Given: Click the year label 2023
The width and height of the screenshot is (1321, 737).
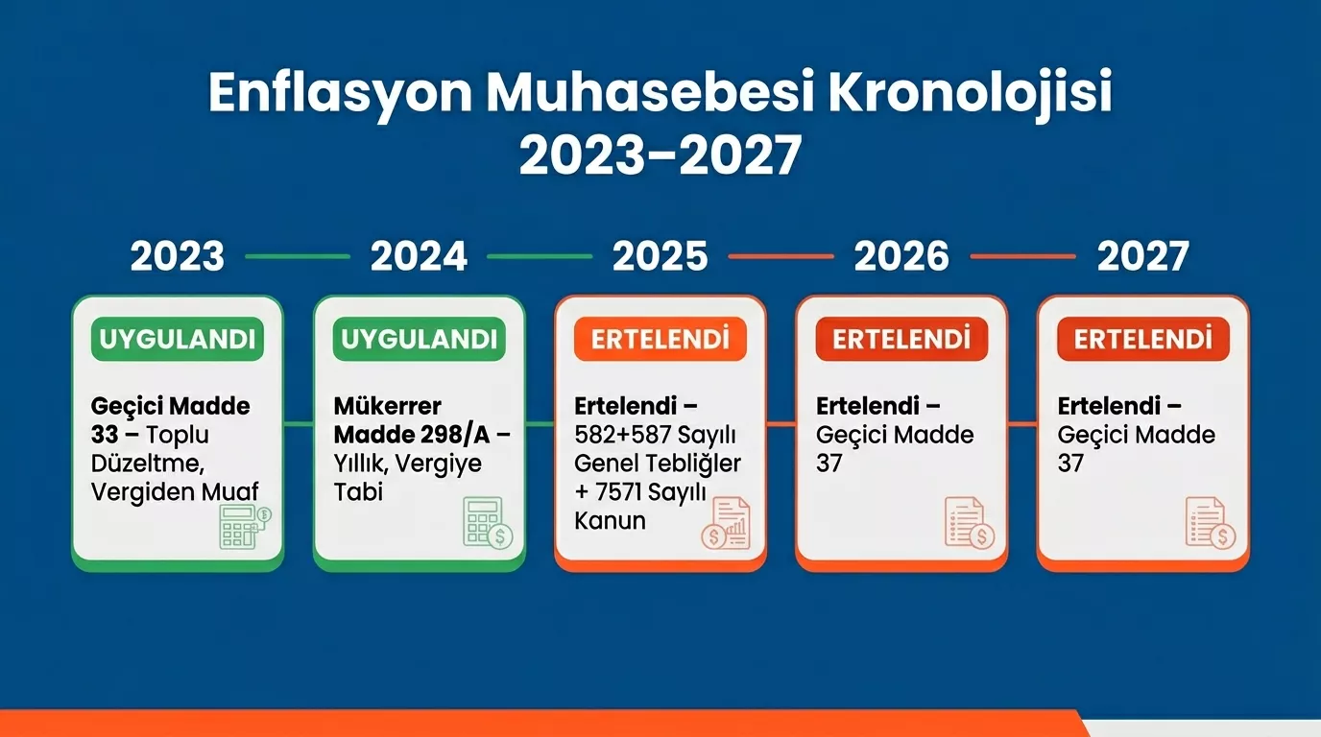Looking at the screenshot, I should [x=178, y=256].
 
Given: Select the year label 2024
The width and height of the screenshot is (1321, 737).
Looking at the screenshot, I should [x=419, y=256].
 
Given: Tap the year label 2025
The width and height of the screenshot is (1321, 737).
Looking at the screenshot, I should [x=660, y=256].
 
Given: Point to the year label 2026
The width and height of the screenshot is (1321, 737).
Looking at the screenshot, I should [x=901, y=256].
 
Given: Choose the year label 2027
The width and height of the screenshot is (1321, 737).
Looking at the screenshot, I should [x=1142, y=256].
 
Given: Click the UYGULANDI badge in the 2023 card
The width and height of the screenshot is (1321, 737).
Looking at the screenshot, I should [x=178, y=339].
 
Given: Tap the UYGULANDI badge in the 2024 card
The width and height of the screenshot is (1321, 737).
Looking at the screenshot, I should [x=419, y=339].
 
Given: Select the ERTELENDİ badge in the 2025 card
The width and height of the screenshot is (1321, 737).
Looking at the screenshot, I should [x=660, y=339].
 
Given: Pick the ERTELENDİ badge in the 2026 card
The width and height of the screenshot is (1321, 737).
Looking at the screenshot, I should [x=901, y=339].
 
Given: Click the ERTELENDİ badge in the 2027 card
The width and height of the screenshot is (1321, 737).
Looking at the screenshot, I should [x=1142, y=339].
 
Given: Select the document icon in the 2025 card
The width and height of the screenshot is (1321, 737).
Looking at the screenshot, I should [x=727, y=524].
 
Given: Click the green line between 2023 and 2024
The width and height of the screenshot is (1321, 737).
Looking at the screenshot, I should [x=298, y=256].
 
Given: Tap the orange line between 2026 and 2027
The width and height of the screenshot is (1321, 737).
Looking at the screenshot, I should [x=1022, y=256].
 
